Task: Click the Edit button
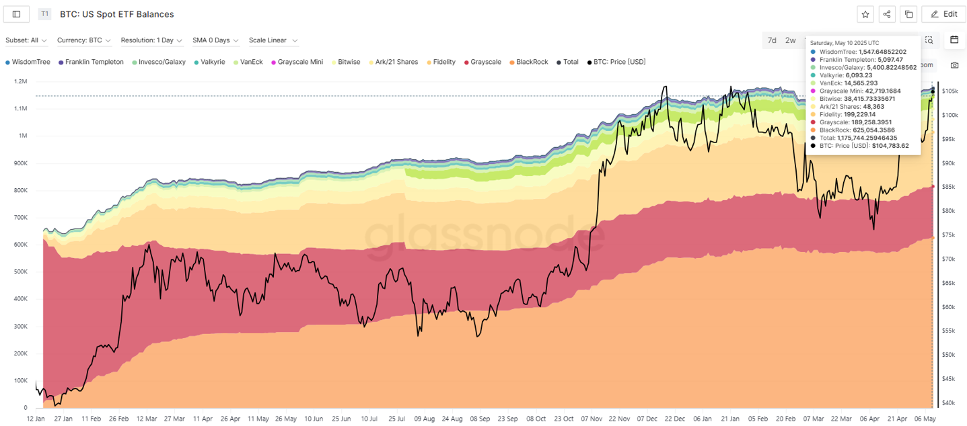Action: [x=943, y=14]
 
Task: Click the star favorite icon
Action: [x=865, y=14]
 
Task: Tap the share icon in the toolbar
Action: [x=887, y=14]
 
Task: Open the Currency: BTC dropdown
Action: [x=84, y=40]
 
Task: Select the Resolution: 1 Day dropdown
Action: [x=151, y=40]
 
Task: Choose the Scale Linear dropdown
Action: [x=273, y=40]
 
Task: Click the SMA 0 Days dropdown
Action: [x=215, y=40]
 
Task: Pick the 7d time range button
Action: [x=772, y=40]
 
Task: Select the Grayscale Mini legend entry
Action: [x=299, y=62]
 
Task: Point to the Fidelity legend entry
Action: [x=443, y=62]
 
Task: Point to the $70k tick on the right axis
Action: [x=949, y=259]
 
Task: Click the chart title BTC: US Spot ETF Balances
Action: [x=117, y=14]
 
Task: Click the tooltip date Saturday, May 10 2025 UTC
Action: [x=844, y=43]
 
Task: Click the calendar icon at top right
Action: [x=954, y=40]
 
